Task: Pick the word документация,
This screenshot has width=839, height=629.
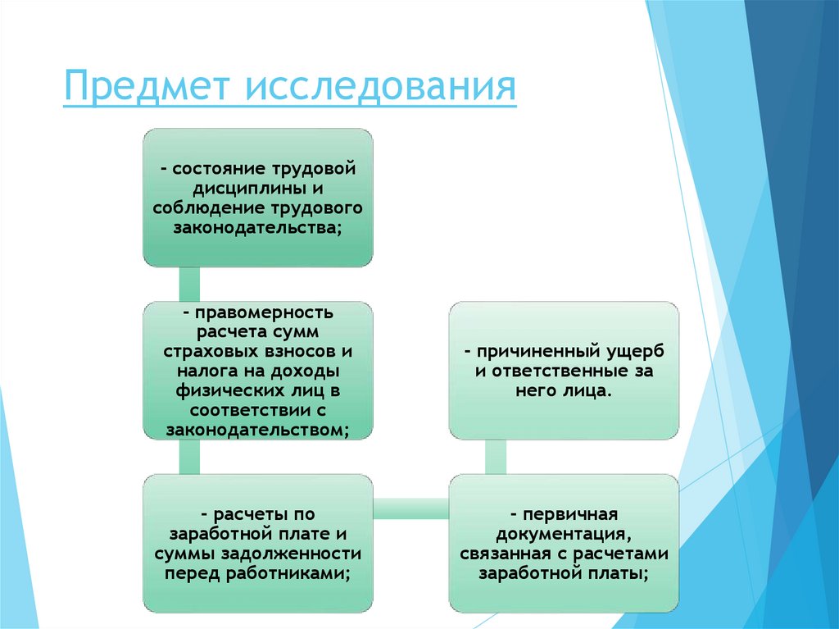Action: click(x=564, y=535)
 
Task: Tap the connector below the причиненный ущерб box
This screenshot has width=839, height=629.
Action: click(x=496, y=457)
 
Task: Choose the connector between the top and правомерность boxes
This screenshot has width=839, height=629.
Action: click(x=189, y=284)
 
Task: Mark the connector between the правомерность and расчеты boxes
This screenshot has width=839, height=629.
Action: click(x=189, y=457)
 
